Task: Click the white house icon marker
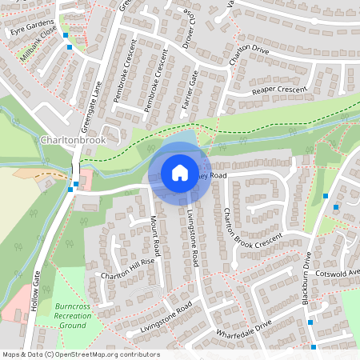tap(179, 173)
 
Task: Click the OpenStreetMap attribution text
tap(81, 354)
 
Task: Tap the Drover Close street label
tap(190, 30)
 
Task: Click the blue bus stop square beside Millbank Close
tap(70, 47)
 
